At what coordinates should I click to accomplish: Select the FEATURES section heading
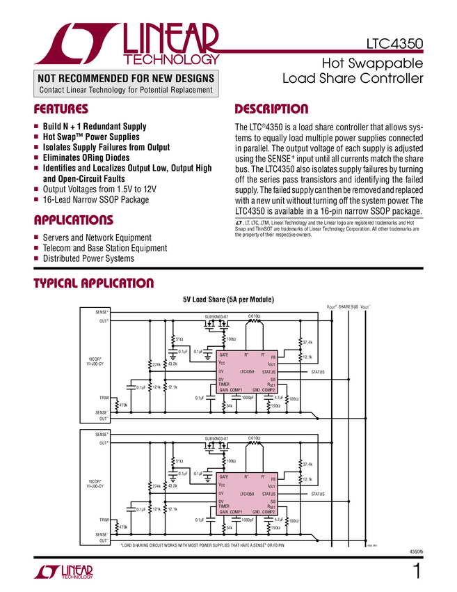[x=61, y=109]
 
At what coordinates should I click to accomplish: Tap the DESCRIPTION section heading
[x=271, y=109]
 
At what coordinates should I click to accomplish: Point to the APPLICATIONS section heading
[x=74, y=221]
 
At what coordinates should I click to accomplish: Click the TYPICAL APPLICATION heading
[x=94, y=283]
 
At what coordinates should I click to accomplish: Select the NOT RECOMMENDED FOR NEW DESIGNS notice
[x=125, y=78]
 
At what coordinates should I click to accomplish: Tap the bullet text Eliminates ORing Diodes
[x=86, y=157]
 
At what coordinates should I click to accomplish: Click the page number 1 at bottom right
[x=416, y=572]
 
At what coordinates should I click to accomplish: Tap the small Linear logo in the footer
[x=63, y=572]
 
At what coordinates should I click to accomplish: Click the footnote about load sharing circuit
[x=202, y=545]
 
